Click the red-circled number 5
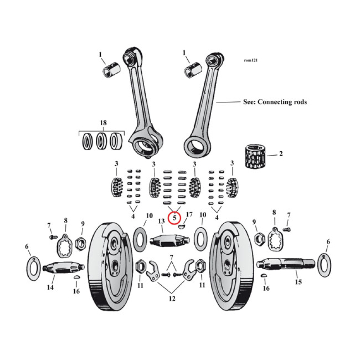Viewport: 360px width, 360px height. pyautogui.click(x=174, y=219)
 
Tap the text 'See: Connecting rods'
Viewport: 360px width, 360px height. pyautogui.click(x=274, y=102)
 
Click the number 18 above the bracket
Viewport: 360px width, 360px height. pyautogui.click(x=103, y=123)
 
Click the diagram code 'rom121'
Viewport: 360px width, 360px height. pyautogui.click(x=251, y=60)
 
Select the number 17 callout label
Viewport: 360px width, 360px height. pyautogui.click(x=189, y=215)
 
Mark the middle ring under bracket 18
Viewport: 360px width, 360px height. pyautogui.click(x=102, y=141)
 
